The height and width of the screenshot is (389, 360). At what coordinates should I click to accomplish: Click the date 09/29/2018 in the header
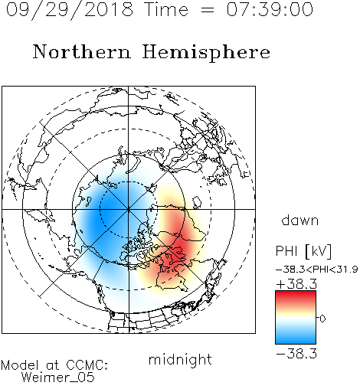pos(70,10)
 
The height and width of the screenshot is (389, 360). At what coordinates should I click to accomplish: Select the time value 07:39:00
pos(270,9)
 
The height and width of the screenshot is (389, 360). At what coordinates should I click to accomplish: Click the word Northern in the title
pos(82,52)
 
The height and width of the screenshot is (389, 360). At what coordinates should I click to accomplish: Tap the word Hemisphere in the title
pos(206,53)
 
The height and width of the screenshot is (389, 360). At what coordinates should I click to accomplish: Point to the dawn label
pos(300,220)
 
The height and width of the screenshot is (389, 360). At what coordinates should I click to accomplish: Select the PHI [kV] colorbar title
pos(304,251)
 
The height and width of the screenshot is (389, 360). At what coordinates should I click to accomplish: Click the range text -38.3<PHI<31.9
pos(317,270)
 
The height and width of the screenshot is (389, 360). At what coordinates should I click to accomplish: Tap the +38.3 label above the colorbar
pos(296,283)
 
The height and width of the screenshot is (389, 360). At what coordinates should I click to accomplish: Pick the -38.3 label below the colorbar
pos(296,354)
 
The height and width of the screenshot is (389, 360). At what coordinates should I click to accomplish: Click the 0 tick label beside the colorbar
pos(322,319)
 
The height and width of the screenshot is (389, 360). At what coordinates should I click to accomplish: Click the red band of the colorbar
pos(296,296)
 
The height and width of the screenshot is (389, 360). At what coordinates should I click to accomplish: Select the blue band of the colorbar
pos(296,337)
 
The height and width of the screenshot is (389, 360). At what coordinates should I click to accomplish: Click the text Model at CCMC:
pos(54,365)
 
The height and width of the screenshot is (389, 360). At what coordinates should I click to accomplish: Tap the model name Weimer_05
pos(58,378)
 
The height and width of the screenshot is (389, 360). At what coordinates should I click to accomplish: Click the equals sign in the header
pos(208,10)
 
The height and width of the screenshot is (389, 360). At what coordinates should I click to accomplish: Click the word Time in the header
pos(166,9)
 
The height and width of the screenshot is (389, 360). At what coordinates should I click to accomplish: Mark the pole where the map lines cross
pos(129,209)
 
